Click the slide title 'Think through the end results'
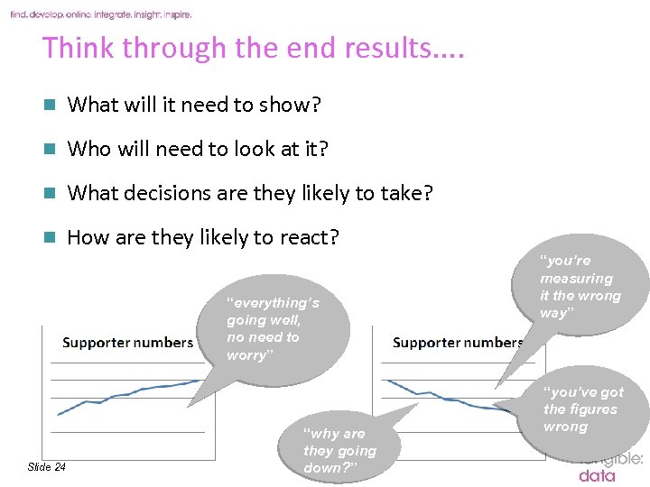(x=253, y=48)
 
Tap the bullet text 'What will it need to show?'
(x=194, y=105)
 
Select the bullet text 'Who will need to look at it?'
(x=198, y=149)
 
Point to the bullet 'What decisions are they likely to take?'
(x=250, y=193)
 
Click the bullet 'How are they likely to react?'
(x=203, y=237)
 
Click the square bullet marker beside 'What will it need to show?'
(x=51, y=106)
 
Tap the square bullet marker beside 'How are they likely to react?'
(x=51, y=238)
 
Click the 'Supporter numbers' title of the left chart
(x=127, y=343)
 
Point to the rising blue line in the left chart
(x=126, y=394)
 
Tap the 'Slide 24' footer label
(x=47, y=466)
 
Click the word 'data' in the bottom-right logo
(x=597, y=475)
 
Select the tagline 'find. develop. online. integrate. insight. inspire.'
(x=101, y=14)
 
